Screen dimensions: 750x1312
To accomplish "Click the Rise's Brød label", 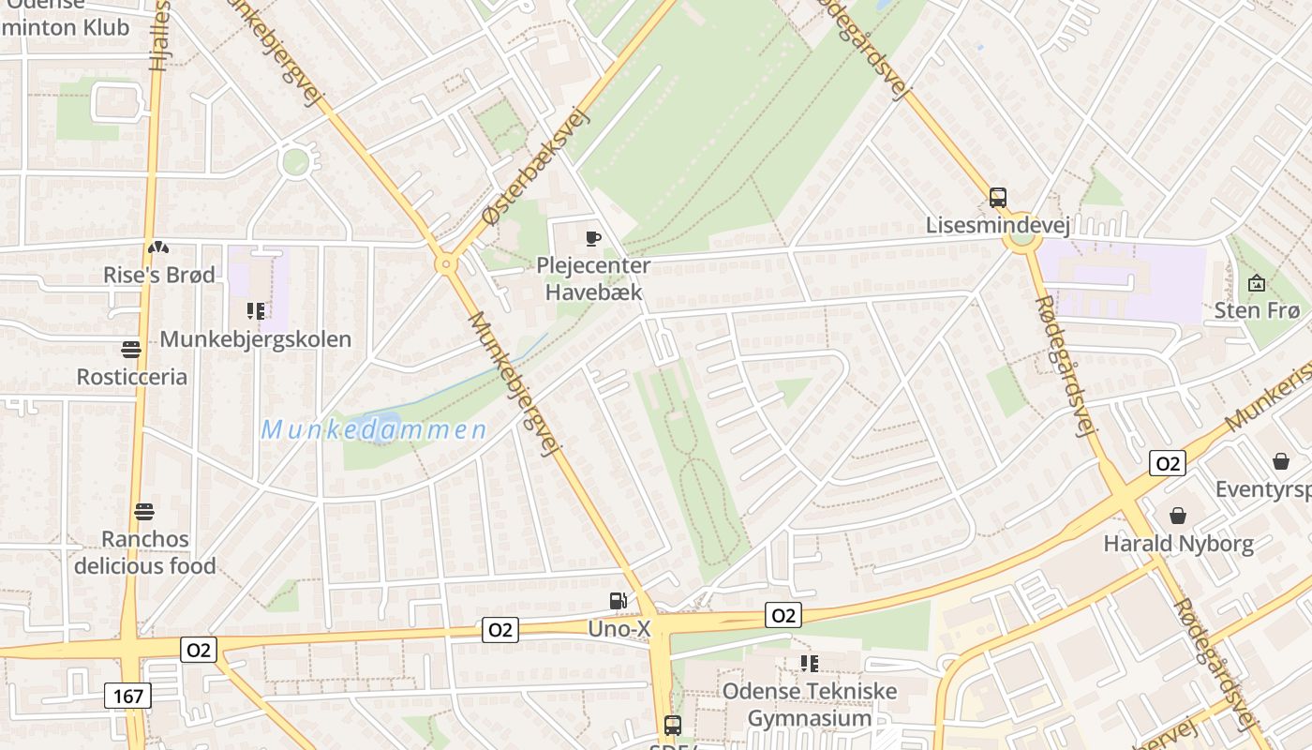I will pos(159,275).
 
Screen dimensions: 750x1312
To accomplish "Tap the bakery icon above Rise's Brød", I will pos(158,247).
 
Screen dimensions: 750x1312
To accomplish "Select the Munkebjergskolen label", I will pos(256,338).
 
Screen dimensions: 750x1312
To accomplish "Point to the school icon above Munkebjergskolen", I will pos(255,310).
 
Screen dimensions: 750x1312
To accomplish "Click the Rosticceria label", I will pos(131,377).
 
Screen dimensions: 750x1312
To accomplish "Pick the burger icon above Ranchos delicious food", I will pos(143,512).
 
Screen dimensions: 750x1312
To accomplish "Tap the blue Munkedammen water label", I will pos(374,430).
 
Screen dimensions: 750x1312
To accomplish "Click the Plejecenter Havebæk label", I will pos(593,278).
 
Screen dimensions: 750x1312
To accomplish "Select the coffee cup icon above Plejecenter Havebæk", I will pos(592,238).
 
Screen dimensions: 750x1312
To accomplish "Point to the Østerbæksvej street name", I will pos(533,168).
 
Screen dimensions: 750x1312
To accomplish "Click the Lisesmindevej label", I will pos(997,225).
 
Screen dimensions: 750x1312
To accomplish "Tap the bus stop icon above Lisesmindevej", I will pos(998,198).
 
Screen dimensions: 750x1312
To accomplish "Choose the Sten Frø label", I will pos(1257,310).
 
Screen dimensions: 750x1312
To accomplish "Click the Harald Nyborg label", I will pos(1178,543).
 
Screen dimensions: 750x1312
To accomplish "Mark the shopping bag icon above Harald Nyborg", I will pos(1178,516).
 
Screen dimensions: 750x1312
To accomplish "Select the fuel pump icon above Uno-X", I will pos(618,601).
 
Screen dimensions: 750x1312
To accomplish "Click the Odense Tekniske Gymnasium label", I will pos(809,705).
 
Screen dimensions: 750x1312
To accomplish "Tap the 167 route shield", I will pos(127,696).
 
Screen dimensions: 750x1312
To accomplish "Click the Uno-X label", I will pos(619,628).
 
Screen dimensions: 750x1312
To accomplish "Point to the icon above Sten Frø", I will pos(1257,283).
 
